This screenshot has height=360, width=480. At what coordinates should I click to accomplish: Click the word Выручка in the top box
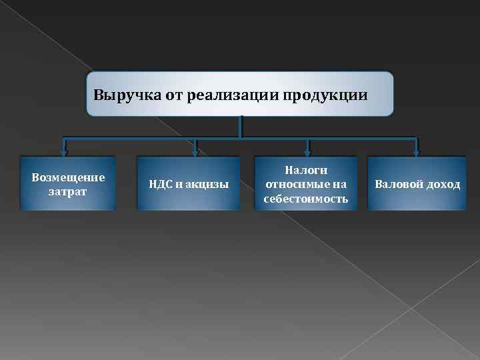tap(120, 95)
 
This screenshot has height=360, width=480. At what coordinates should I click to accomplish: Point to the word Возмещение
tap(68, 178)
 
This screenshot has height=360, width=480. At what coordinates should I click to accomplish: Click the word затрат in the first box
tap(68, 191)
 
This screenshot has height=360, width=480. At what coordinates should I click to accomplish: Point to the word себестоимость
tap(306, 199)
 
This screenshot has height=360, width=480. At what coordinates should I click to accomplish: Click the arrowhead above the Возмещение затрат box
tap(65, 151)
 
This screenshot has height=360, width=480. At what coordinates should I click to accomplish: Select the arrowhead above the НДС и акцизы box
tap(195, 151)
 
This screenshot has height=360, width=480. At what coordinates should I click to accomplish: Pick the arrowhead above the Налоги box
tap(307, 151)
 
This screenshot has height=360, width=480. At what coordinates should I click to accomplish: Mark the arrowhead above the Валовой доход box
tap(416, 151)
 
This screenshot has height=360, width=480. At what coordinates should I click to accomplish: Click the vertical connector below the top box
tap(240, 127)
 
